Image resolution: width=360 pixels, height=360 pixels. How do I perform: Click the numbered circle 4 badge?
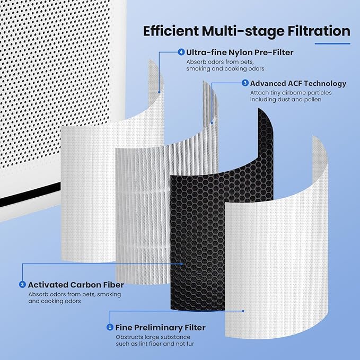coord(182,52)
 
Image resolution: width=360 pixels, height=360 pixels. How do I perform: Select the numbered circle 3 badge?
coord(244,83)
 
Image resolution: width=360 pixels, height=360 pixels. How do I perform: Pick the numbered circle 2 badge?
coord(22,285)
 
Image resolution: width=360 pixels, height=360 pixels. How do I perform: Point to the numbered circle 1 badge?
coord(110,328)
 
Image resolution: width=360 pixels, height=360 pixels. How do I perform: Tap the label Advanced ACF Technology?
coord(298,83)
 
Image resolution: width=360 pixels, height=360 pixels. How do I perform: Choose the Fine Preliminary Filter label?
coord(161,328)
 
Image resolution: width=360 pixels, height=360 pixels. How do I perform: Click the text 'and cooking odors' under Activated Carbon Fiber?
coord(55,301)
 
